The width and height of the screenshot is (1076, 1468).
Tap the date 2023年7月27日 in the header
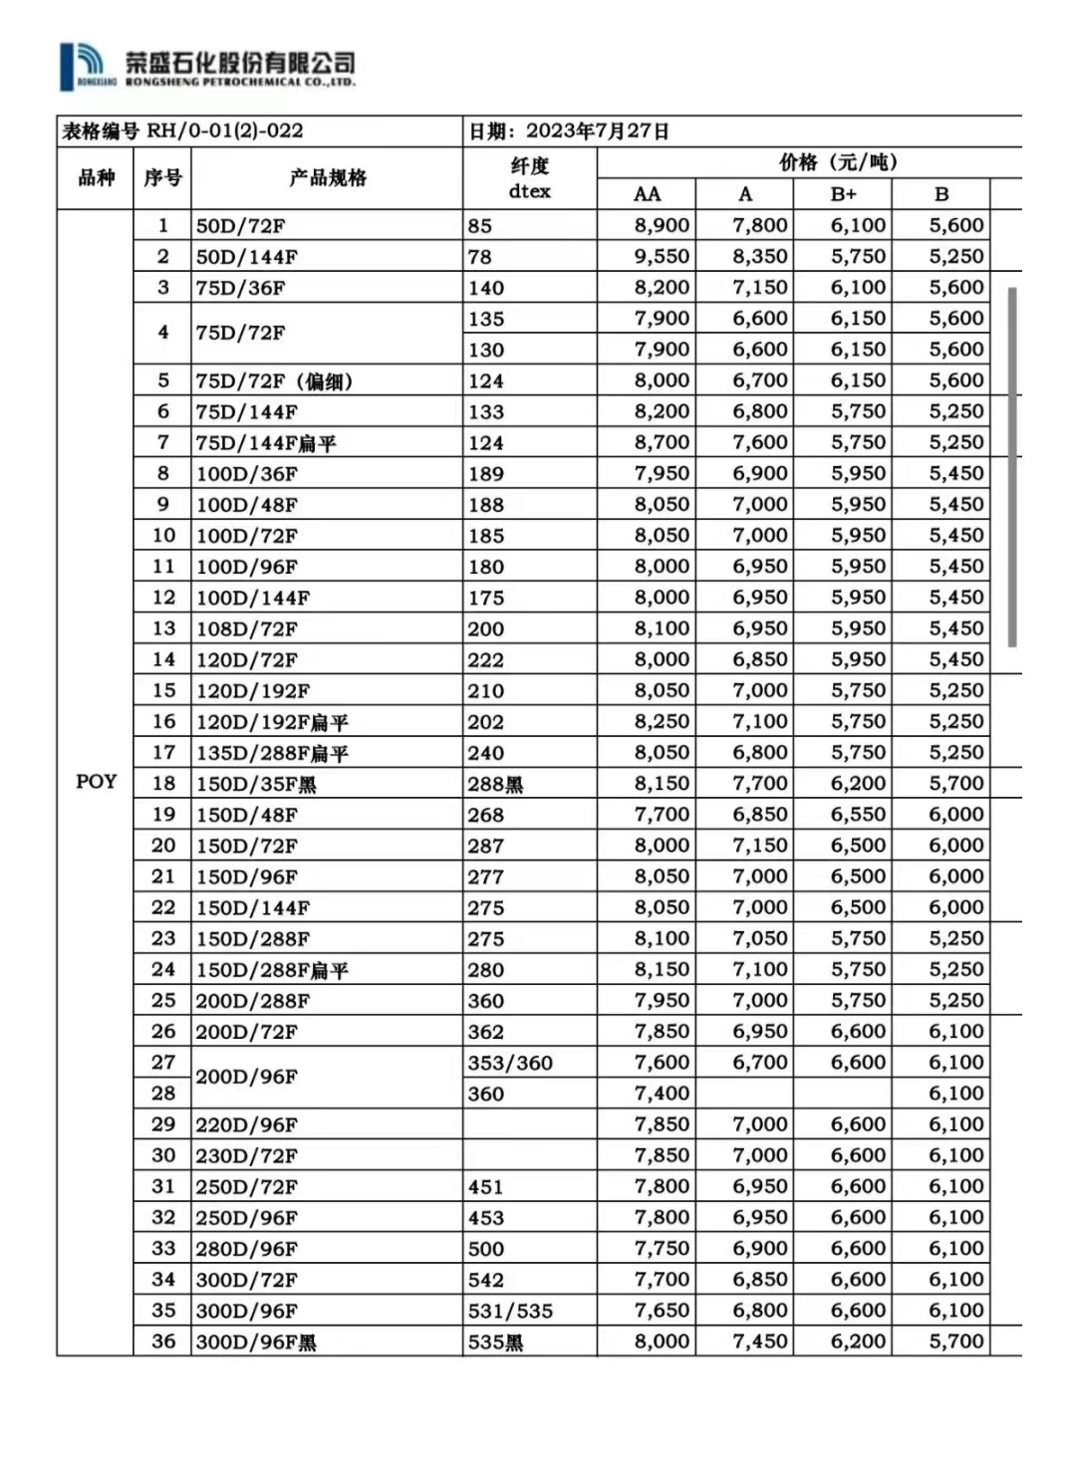(x=597, y=131)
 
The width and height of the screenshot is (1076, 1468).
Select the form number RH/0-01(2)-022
(x=225, y=131)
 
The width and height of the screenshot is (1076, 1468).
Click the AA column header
(x=647, y=194)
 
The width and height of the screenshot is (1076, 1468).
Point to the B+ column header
(x=843, y=194)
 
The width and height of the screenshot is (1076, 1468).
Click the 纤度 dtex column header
(x=529, y=178)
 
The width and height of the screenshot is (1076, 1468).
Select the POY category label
(x=96, y=782)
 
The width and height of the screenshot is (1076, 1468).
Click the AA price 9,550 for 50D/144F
(x=662, y=257)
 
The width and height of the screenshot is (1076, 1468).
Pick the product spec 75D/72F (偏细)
(x=274, y=381)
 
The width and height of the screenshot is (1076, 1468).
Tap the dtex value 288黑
(x=495, y=784)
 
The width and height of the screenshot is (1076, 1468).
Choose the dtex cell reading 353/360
(x=510, y=1063)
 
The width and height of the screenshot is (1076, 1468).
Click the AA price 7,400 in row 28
(x=662, y=1094)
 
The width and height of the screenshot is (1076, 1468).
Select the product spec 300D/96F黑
(x=256, y=1342)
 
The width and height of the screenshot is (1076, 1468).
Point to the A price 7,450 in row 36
(x=759, y=1342)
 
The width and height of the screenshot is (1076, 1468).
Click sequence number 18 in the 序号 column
(x=163, y=783)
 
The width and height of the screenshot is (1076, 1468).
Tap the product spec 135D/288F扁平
(x=272, y=753)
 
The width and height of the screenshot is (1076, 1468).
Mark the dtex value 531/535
(x=510, y=1311)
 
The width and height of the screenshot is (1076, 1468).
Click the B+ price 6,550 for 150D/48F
(x=858, y=815)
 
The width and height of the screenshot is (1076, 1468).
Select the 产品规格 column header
(x=328, y=178)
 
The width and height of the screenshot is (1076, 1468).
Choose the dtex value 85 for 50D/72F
(x=480, y=226)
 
